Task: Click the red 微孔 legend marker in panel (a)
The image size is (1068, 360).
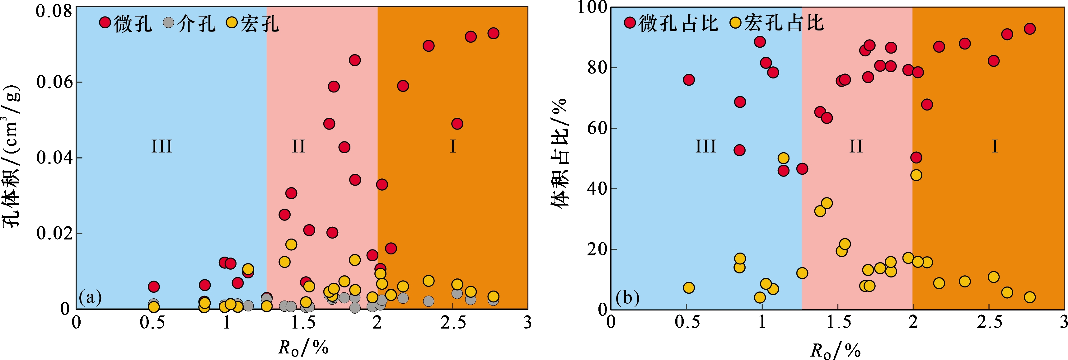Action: pyautogui.click(x=105, y=22)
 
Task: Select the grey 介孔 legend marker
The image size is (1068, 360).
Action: pyautogui.click(x=168, y=22)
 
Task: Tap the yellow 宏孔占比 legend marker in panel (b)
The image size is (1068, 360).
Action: pyautogui.click(x=735, y=22)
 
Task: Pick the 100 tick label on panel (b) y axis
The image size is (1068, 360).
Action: pyautogui.click(x=592, y=7)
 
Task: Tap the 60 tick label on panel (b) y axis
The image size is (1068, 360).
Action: pyautogui.click(x=597, y=128)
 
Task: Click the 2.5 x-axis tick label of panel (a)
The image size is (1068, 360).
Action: pyautogui.click(x=453, y=323)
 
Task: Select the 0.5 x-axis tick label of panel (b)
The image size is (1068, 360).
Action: pyautogui.click(x=687, y=323)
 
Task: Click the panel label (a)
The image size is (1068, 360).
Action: pyautogui.click(x=90, y=297)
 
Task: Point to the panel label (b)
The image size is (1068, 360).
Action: pyautogui.click(x=627, y=298)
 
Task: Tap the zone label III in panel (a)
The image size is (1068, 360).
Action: pyautogui.click(x=162, y=146)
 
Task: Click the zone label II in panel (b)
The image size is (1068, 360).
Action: pyautogui.click(x=856, y=146)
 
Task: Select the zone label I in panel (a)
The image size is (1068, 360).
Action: pyautogui.click(x=453, y=146)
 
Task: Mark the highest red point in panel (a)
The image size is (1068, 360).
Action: pyautogui.click(x=493, y=33)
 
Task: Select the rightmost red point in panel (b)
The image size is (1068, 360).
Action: pyautogui.click(x=1030, y=29)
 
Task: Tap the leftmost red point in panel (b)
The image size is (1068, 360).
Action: pyautogui.click(x=689, y=80)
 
